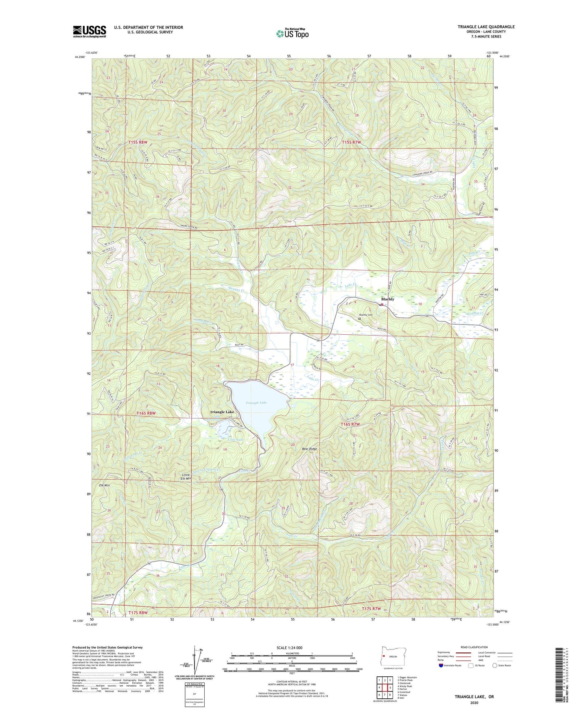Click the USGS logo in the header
[90, 31]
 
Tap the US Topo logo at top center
[292, 33]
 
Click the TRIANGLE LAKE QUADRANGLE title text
[486, 27]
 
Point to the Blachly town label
[387, 299]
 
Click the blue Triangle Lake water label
[256, 403]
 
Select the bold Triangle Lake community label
[222, 412]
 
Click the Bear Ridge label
[309, 449]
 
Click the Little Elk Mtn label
[186, 476]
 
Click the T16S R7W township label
[351, 424]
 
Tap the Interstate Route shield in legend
[442, 665]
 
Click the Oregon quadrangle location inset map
[390, 656]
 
